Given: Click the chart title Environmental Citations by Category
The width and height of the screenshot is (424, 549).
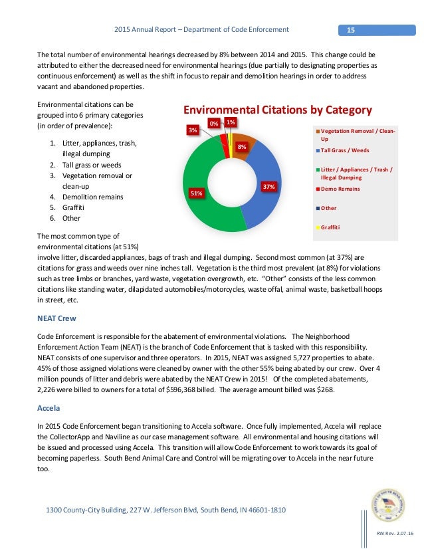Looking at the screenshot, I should [x=277, y=110].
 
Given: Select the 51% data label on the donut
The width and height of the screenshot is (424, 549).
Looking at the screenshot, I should [x=197, y=193].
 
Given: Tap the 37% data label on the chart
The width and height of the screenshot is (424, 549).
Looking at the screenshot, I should [x=268, y=187].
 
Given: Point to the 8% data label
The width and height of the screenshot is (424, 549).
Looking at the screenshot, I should [x=242, y=146].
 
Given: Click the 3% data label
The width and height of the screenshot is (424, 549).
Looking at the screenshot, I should [x=192, y=130].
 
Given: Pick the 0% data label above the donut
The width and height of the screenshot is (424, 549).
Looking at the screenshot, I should [x=214, y=123].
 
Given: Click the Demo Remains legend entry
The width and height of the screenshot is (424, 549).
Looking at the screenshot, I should [x=344, y=189].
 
